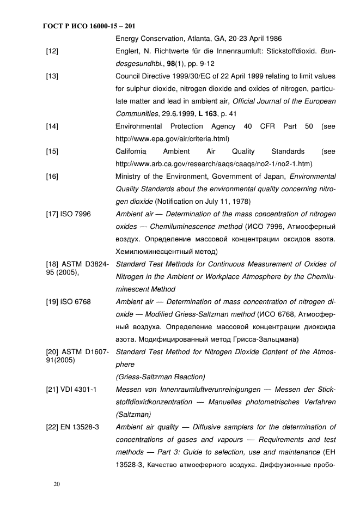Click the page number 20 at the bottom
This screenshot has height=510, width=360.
[56, 483]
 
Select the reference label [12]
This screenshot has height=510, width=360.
[52, 51]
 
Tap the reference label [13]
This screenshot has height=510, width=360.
[52, 76]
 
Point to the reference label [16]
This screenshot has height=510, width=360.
[52, 177]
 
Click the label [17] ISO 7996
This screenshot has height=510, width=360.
[68, 214]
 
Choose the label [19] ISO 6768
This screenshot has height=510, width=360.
[68, 302]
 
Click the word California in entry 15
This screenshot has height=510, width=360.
[131, 151]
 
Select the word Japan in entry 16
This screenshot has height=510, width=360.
[273, 177]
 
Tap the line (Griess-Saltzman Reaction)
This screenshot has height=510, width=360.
[161, 377]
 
